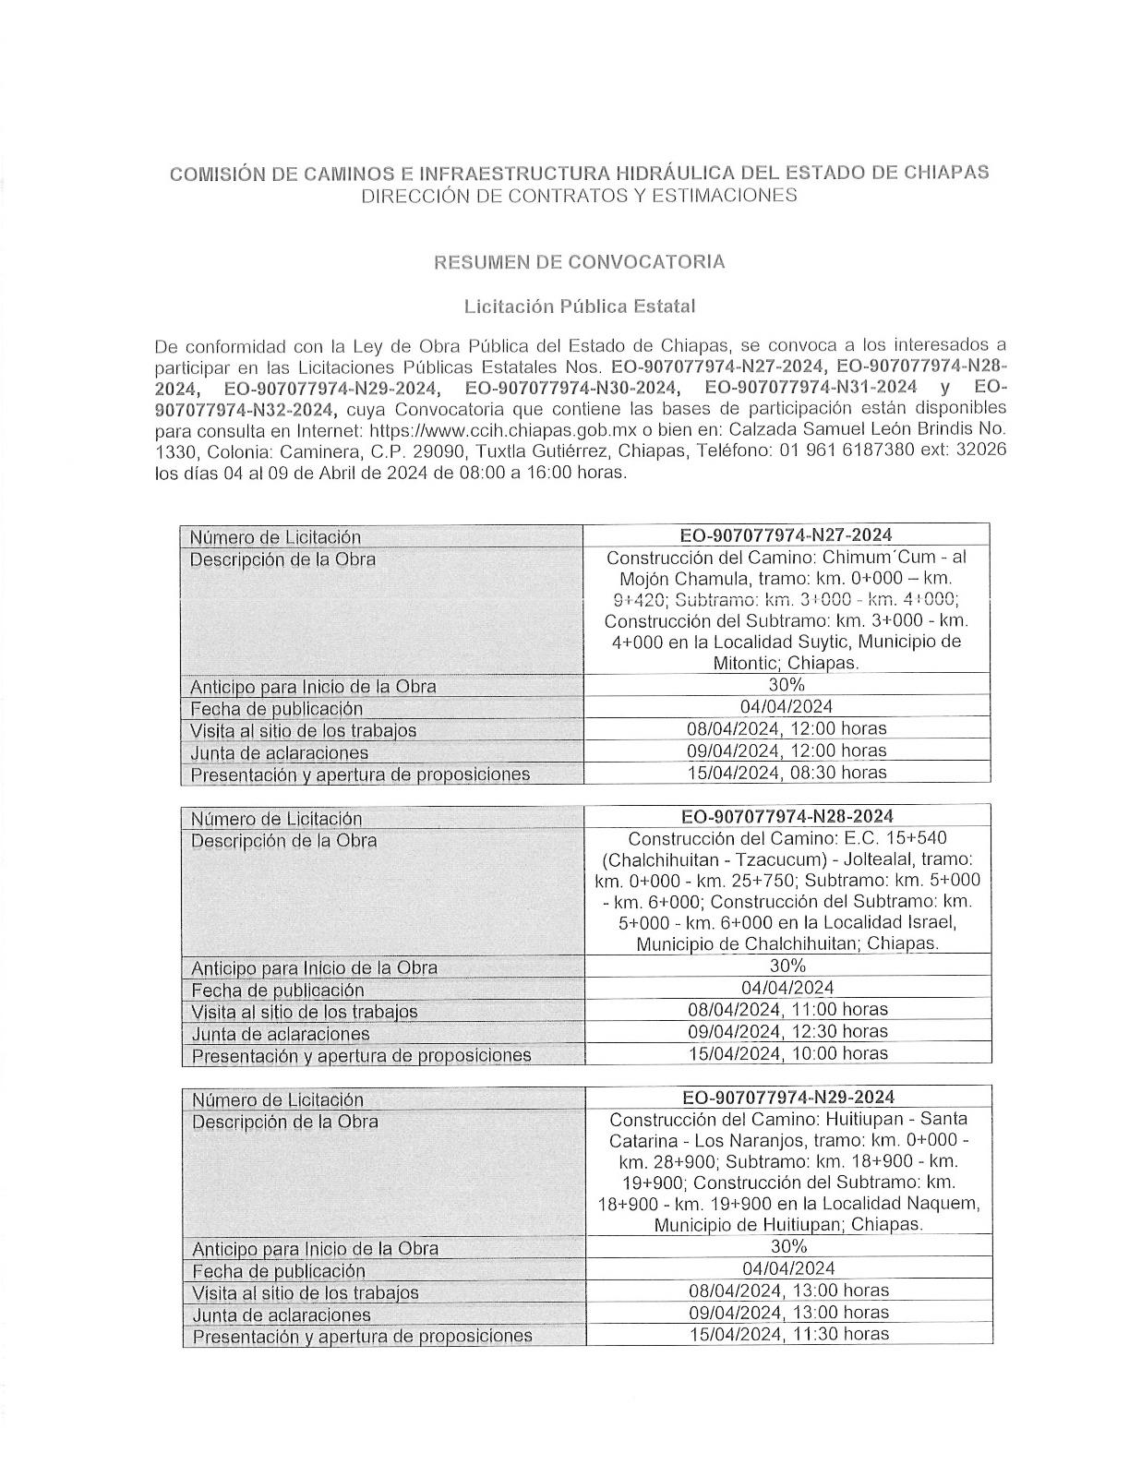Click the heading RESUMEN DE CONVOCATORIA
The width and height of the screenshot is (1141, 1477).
(x=579, y=261)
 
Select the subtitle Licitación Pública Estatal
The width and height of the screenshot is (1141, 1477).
(x=579, y=305)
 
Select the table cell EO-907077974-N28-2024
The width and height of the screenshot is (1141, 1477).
(x=787, y=816)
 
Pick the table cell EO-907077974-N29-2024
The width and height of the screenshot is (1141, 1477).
(x=787, y=1097)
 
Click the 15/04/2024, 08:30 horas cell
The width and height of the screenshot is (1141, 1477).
(x=787, y=772)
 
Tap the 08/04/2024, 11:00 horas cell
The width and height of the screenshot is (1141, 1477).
(x=787, y=1009)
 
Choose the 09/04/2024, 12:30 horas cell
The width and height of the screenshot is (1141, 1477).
(x=787, y=1031)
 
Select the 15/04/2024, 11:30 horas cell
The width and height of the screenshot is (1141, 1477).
(x=788, y=1334)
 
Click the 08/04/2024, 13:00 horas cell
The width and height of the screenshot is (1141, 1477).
(x=788, y=1290)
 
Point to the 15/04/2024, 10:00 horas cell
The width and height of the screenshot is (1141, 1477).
(x=787, y=1053)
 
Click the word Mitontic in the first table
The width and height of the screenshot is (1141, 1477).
(x=747, y=663)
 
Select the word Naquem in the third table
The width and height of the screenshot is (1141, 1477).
(x=949, y=1204)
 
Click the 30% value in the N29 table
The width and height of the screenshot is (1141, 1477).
(x=788, y=1246)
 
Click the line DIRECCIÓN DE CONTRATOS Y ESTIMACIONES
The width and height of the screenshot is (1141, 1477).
(x=579, y=196)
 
